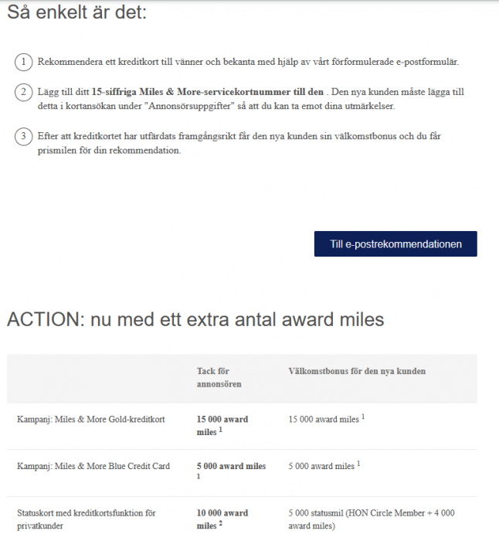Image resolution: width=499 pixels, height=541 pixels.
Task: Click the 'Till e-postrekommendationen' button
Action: pos(395,243)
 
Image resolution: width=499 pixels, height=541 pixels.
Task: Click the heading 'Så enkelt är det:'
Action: pos(76,13)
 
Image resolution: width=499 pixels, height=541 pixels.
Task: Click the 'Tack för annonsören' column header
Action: pos(219,378)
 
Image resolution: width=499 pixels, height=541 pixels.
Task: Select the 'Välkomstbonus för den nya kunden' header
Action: pos(356,372)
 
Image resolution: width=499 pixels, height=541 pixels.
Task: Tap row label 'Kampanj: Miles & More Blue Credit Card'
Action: pos(93,466)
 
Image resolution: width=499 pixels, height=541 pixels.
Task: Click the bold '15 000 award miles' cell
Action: pos(222,425)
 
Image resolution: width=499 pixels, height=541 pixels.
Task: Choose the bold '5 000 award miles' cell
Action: pos(231,466)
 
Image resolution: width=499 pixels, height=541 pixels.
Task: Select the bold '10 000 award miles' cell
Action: pos(222,519)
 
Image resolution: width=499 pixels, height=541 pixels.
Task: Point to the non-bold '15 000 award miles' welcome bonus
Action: pos(324,420)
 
